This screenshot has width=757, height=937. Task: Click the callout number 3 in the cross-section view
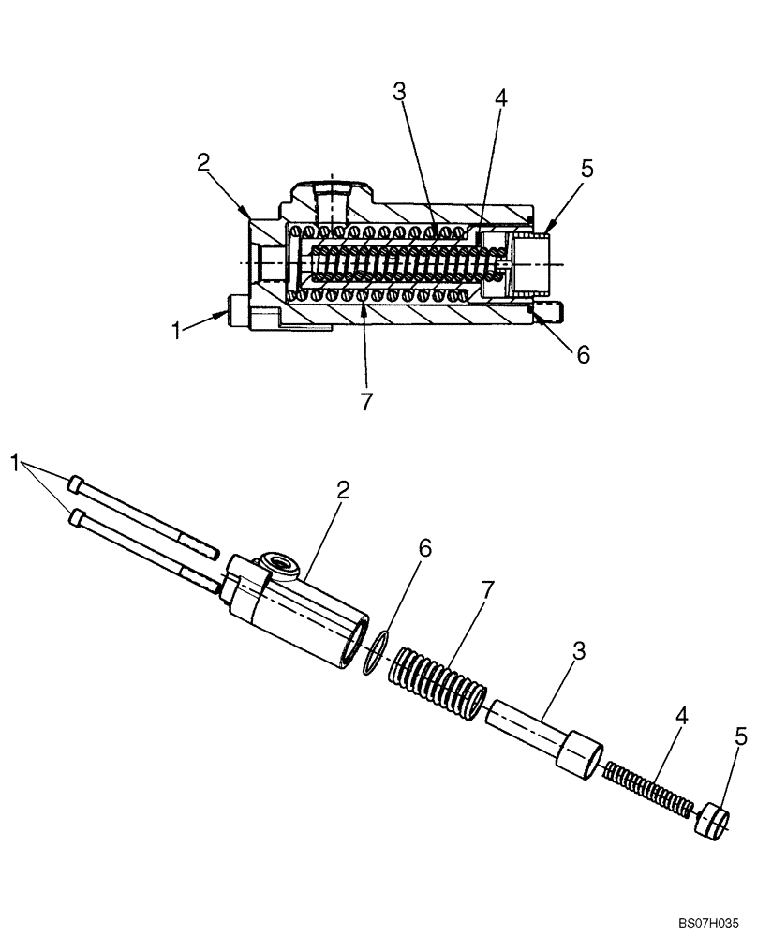[x=399, y=92]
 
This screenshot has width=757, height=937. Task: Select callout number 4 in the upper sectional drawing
[x=502, y=97]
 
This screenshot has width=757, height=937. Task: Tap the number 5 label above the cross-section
[x=586, y=170]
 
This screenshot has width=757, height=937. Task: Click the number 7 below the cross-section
[x=366, y=401]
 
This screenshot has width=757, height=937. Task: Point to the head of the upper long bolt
[x=75, y=483]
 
